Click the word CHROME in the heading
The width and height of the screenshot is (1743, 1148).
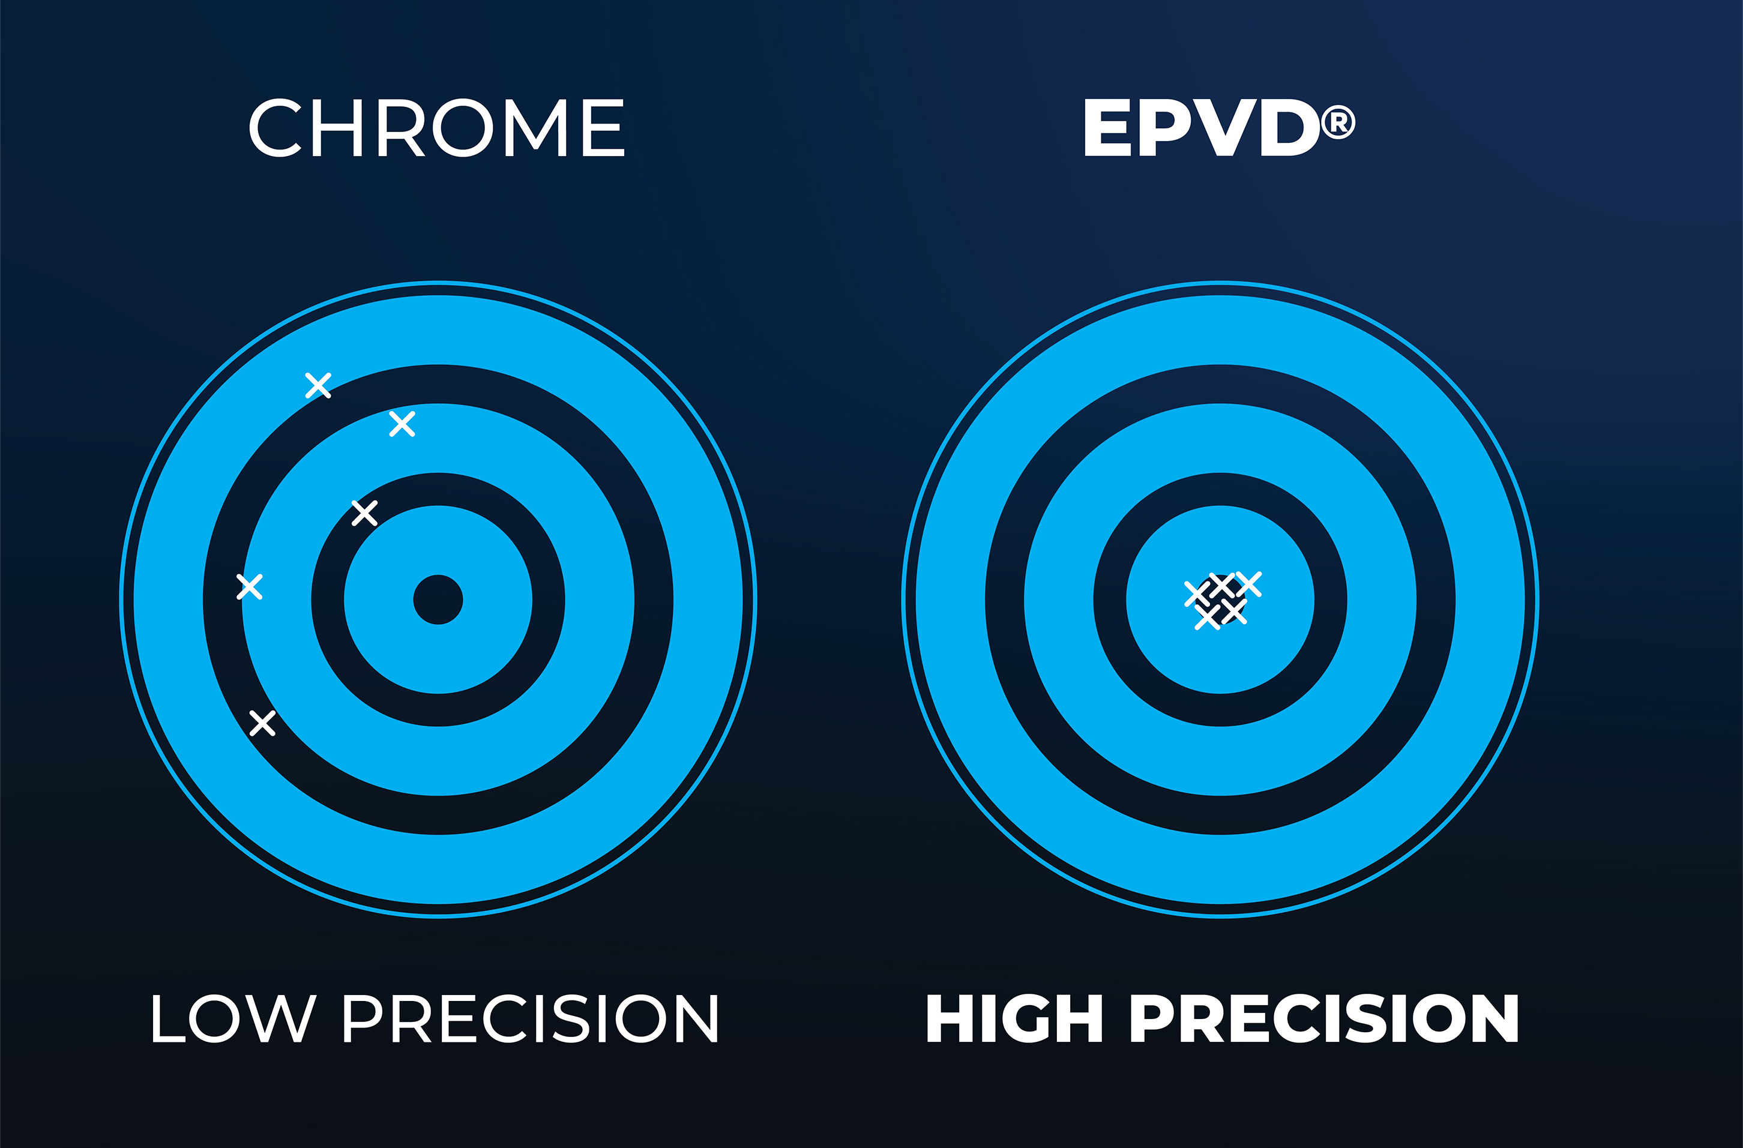pos(436,127)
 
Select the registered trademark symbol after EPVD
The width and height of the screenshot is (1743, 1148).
pos(1338,122)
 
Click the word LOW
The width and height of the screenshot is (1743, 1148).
pos(234,1018)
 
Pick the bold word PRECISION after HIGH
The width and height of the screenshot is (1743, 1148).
pos(1325,1018)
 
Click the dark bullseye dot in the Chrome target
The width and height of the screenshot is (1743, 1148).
pos(438,600)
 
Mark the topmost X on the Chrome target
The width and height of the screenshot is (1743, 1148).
pos(318,385)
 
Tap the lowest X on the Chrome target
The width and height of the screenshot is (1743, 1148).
pos(262,723)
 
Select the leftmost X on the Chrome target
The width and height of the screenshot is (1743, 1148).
pos(250,586)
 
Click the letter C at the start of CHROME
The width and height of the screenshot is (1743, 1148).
pos(275,127)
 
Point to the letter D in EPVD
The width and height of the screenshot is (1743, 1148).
pos(1290,127)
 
